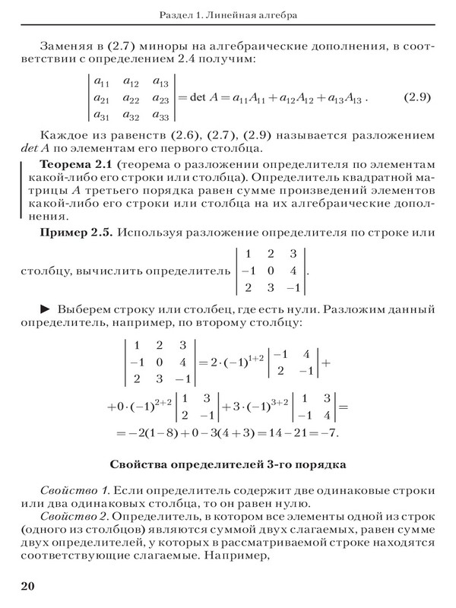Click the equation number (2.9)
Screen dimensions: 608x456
coord(416,98)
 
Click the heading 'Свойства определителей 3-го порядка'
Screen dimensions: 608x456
coord(229,463)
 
